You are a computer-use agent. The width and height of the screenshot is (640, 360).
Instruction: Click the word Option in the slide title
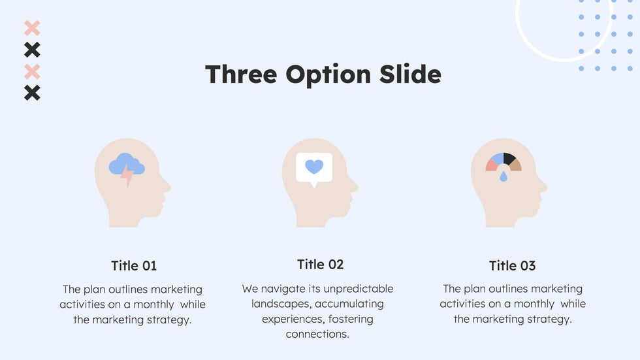(x=328, y=75)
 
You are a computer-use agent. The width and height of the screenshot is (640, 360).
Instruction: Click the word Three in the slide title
(x=241, y=74)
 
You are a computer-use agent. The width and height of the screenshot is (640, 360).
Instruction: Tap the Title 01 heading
(x=134, y=266)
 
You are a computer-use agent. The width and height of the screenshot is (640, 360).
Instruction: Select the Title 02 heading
(x=321, y=265)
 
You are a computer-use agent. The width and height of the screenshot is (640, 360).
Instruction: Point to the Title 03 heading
(x=512, y=266)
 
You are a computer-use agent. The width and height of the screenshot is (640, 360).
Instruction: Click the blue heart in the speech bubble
(x=314, y=167)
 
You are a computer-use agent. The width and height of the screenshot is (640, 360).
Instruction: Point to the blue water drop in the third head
(x=504, y=176)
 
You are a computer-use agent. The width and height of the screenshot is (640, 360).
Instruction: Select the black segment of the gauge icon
(x=509, y=158)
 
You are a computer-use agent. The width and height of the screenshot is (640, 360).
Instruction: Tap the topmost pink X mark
(x=32, y=28)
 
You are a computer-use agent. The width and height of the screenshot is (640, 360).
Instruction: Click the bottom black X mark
(x=32, y=93)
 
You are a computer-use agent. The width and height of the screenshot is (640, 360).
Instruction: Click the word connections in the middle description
(x=317, y=335)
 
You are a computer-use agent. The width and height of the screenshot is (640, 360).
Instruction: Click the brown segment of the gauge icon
(x=515, y=165)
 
